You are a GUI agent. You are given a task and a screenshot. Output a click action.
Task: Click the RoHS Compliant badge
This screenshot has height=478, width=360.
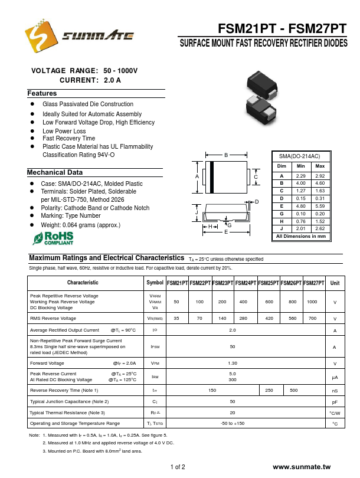coord(54,238)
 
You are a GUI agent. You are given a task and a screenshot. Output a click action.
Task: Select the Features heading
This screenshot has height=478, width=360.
coord(42,94)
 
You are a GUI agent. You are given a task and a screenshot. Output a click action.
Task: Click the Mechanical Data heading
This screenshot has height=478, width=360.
coord(55,172)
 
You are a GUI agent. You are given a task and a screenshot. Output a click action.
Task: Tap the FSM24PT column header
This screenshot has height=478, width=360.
coord(246,283)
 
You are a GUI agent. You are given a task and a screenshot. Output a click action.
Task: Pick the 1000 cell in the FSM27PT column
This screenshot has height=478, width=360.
coord(312,302)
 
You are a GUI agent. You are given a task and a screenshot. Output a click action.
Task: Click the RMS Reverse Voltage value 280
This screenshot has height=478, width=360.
coord(243,318)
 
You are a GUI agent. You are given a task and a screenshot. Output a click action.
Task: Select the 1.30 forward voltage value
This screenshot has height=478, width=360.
coord(233,363)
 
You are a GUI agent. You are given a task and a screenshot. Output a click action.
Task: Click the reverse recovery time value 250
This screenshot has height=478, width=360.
coord(269,390)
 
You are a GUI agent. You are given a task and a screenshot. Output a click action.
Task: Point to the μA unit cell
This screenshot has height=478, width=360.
coord(335,376)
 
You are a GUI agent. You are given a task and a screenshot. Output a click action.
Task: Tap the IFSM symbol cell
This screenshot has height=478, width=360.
coord(155,347)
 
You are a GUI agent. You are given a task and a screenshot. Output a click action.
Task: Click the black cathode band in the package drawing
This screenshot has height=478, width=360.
coord(211,176)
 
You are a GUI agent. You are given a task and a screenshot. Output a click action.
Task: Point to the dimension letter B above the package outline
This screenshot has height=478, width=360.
coord(225,155)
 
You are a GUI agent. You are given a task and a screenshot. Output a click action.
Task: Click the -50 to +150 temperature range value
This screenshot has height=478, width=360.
coord(233,423)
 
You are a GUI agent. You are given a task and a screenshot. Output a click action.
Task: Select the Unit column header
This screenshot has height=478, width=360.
coord(335,283)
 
